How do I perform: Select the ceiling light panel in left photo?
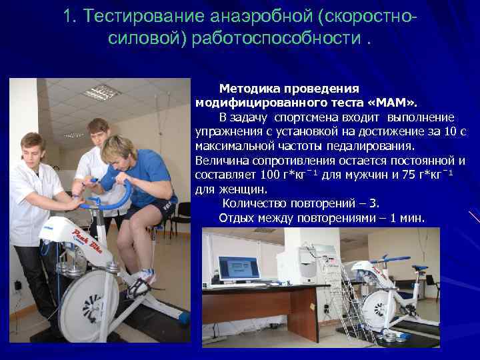pyautogui.click(x=99, y=91)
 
